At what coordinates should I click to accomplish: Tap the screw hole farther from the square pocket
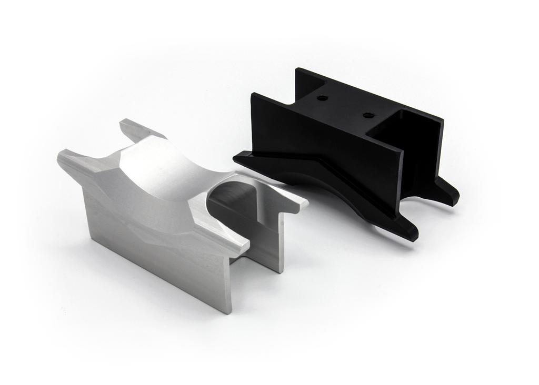(323, 98)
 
